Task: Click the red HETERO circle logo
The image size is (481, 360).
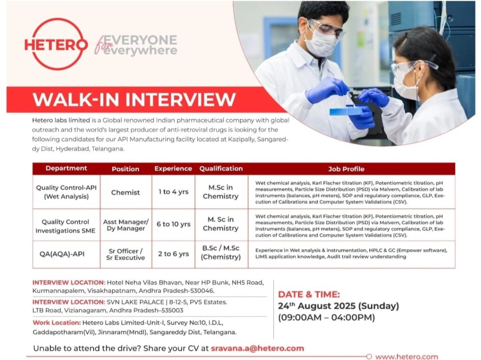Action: click(55, 44)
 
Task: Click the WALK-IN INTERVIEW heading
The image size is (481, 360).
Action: click(134, 100)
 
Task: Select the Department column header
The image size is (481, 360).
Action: click(66, 168)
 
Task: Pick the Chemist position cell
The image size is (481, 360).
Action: click(125, 192)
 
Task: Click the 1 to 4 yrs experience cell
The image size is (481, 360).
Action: click(173, 192)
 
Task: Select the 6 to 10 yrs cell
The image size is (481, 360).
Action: click(173, 224)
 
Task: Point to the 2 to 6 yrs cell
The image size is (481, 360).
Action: click(173, 254)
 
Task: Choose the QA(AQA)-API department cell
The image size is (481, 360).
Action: click(66, 254)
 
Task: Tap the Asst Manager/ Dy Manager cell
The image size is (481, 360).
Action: click(125, 225)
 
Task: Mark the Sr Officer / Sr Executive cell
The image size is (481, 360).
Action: click(125, 254)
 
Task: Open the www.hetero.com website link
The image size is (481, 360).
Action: click(406, 357)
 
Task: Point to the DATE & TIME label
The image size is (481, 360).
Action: click(309, 294)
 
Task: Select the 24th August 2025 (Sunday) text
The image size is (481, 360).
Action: click(338, 306)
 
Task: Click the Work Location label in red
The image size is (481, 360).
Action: click(56, 322)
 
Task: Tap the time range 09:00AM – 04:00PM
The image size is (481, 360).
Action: click(326, 318)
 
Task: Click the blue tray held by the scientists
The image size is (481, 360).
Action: click(346, 111)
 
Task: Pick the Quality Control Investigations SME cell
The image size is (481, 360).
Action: click(66, 226)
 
